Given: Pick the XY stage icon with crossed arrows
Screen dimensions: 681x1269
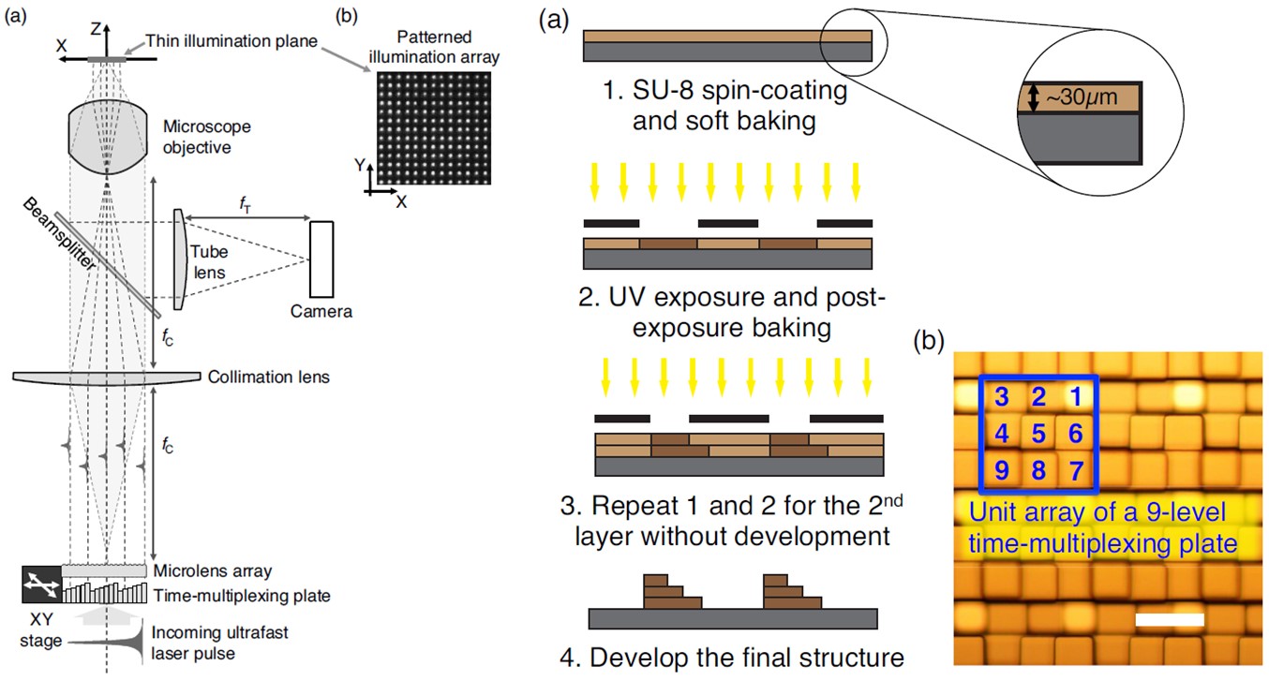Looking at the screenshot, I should click(x=40, y=585).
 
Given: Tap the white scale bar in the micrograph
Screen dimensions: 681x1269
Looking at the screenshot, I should click(x=1169, y=620).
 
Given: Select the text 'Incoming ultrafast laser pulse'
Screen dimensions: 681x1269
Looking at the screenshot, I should click(x=220, y=643).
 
